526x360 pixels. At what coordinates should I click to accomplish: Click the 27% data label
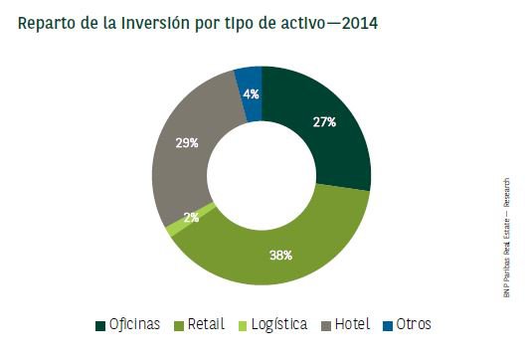tap(323, 122)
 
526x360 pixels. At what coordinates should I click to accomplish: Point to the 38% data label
tap(280, 255)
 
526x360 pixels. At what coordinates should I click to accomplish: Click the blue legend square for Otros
tap(389, 325)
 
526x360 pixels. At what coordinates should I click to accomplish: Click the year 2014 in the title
tap(359, 22)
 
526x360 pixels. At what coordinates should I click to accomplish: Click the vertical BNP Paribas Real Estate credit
tap(508, 239)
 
